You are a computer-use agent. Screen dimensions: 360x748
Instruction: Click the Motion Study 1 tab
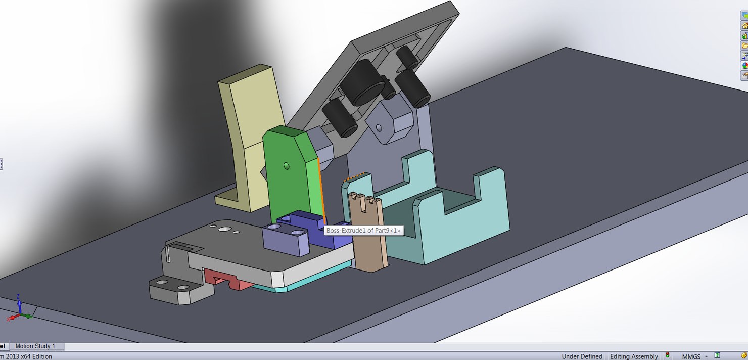35,346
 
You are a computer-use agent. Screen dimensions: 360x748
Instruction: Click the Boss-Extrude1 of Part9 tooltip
363,231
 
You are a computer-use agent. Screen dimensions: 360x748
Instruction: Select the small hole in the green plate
287,165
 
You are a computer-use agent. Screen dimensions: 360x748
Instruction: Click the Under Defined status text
582,356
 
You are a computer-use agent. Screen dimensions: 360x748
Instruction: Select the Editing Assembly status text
634,356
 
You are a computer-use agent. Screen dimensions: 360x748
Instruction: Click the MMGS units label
691,356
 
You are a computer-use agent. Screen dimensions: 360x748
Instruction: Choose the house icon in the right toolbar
744,26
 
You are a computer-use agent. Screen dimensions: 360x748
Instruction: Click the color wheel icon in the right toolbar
744,66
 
